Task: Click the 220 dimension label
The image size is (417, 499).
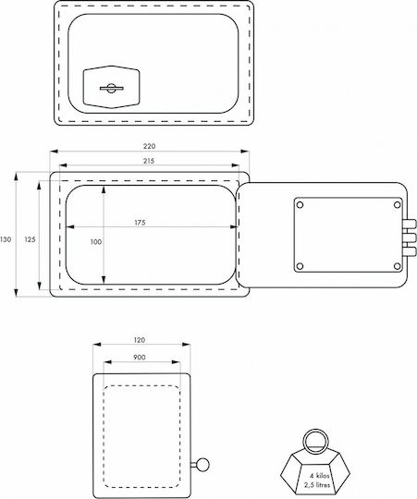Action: pos(149,146)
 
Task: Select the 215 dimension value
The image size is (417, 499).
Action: pos(149,161)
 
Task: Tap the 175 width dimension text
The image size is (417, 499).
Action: pos(140,223)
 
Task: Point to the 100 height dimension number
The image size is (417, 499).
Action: pos(96,242)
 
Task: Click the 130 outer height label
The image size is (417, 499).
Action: pos(6,239)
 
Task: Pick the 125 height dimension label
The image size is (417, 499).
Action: pos(30,239)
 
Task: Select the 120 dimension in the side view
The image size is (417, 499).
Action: pos(139,340)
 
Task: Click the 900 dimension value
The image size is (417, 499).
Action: pos(140,358)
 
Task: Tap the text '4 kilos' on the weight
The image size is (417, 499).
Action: pos(320,476)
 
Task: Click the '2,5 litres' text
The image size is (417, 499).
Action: pos(317,485)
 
